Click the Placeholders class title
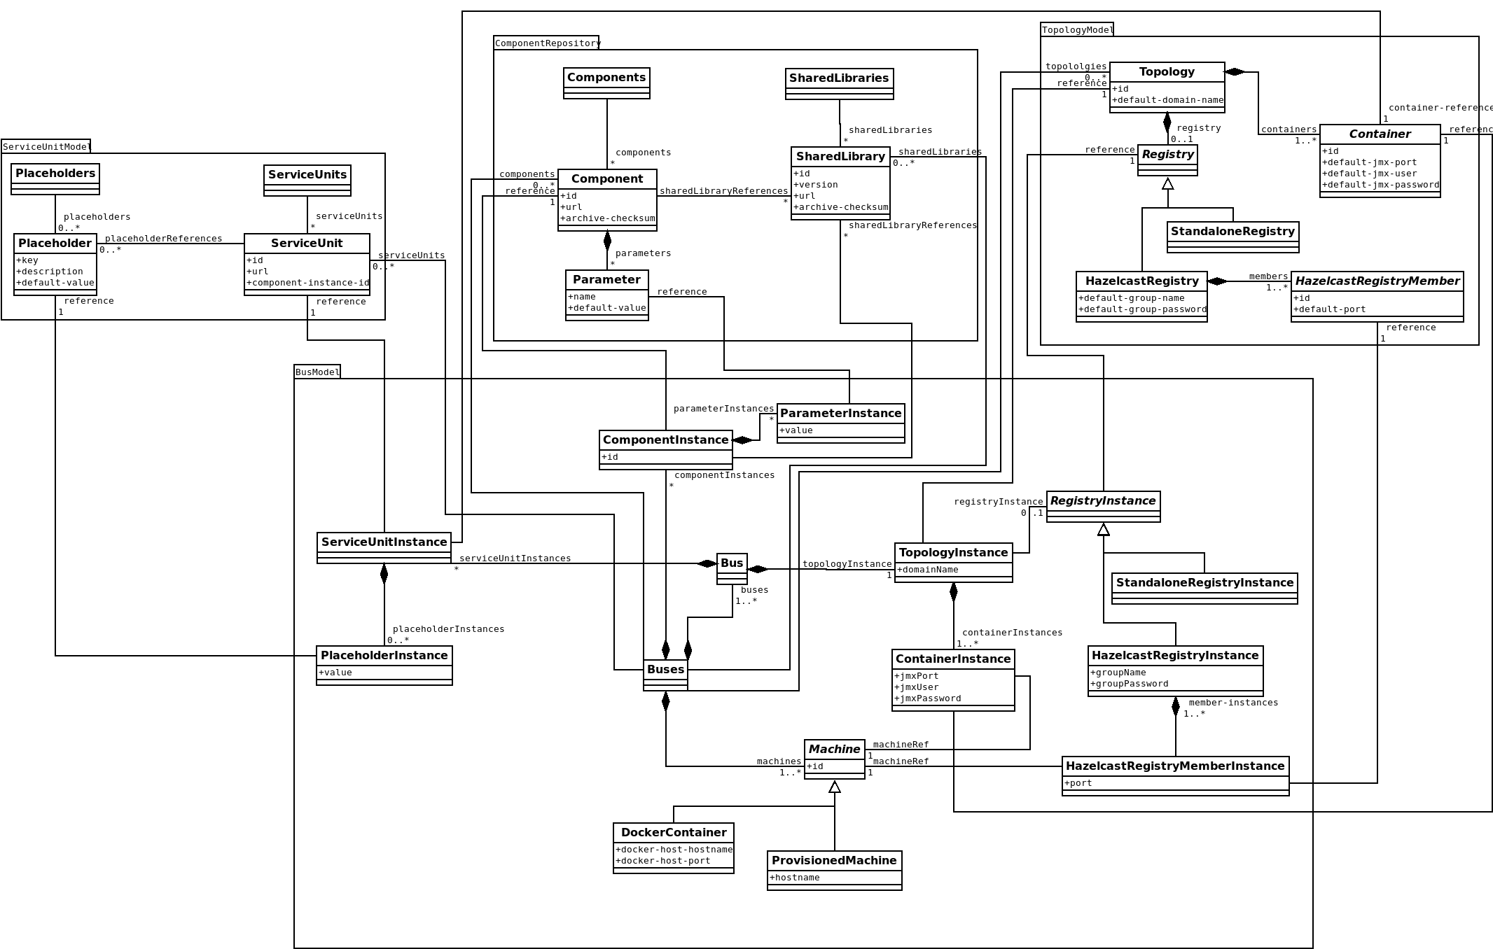click(x=55, y=174)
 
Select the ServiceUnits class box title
click(x=307, y=174)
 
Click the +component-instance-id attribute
click(x=308, y=283)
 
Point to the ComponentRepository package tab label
click(x=547, y=43)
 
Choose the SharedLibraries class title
click(x=839, y=78)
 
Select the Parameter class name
click(x=606, y=279)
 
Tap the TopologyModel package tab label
click(x=1077, y=29)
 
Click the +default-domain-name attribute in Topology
click(x=1168, y=100)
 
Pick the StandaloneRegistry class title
click(x=1232, y=231)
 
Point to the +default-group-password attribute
click(x=1142, y=309)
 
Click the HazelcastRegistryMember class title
click(x=1377, y=281)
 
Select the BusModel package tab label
click(x=317, y=372)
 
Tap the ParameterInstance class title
click(x=840, y=413)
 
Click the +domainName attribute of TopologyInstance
click(x=928, y=570)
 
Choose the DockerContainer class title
click(x=674, y=832)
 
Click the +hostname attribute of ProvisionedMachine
click(x=795, y=878)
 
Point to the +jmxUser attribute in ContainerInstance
click(x=917, y=687)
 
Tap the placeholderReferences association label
click(x=163, y=239)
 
